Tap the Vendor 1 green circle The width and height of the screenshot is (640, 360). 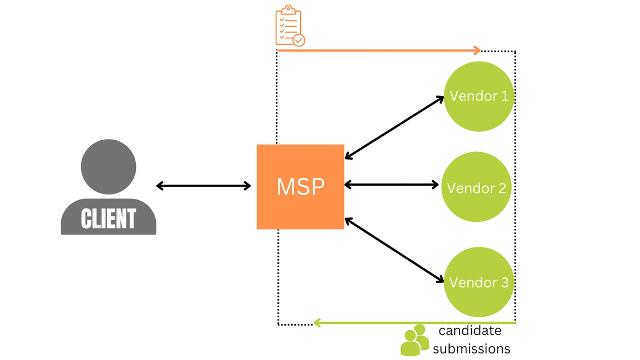(x=478, y=96)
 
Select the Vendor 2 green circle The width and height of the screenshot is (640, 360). (x=476, y=187)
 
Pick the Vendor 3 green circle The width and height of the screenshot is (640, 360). (x=478, y=282)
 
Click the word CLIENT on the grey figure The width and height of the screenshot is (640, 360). (x=108, y=219)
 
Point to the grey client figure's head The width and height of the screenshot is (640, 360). (x=108, y=166)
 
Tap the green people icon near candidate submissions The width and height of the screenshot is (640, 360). (x=414, y=340)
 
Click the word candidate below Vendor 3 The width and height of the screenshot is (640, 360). (x=470, y=331)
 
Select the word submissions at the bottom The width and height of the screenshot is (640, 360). (x=471, y=349)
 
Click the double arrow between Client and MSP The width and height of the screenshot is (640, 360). (x=203, y=186)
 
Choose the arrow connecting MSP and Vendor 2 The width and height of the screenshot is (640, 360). (x=391, y=185)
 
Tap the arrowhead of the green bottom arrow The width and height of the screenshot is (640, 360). (x=317, y=323)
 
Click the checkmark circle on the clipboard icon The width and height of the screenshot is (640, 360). (x=299, y=40)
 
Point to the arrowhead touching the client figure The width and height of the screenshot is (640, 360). (x=160, y=186)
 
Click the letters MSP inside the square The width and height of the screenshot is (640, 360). (x=300, y=187)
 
